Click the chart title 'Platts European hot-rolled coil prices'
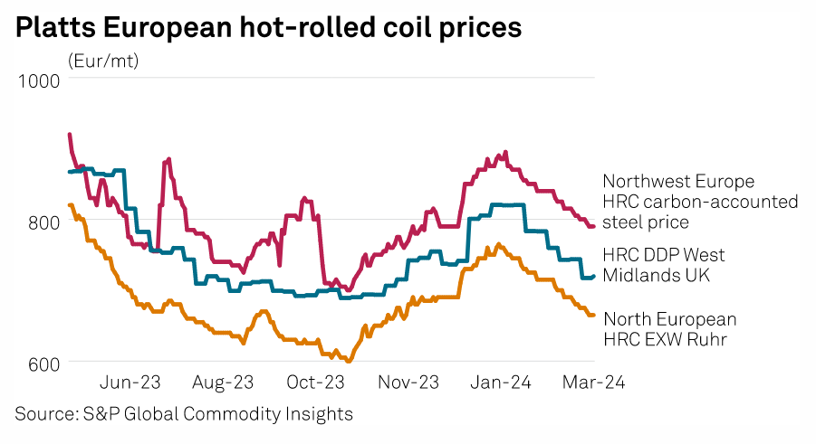tap(268, 27)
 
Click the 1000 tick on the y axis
tap(38, 80)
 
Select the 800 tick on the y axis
tap(43, 222)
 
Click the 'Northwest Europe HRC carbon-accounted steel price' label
tap(700, 202)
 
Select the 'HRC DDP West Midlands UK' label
tap(664, 265)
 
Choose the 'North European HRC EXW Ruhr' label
tap(669, 329)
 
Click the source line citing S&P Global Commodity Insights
tap(183, 414)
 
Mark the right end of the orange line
tap(594, 315)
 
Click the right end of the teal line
tap(594, 277)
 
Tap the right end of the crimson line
tap(594, 226)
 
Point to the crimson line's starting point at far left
tap(70, 135)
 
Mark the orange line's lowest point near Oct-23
tap(349, 361)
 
